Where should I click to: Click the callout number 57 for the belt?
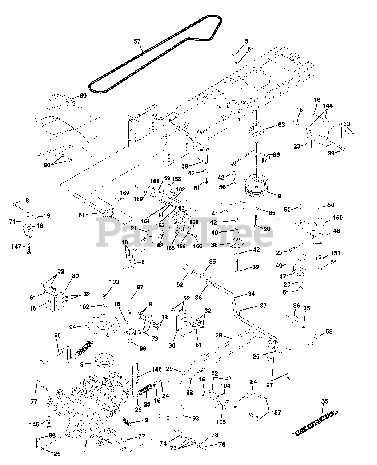click(x=137, y=42)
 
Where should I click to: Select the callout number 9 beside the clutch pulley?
click(x=279, y=196)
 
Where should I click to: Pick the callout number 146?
click(x=156, y=370)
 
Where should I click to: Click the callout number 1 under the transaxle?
click(x=85, y=453)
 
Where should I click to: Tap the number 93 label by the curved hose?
click(x=195, y=418)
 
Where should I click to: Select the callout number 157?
click(x=276, y=413)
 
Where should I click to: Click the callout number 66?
click(x=276, y=155)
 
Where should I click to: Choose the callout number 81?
click(x=82, y=215)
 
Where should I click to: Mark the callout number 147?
click(x=16, y=247)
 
